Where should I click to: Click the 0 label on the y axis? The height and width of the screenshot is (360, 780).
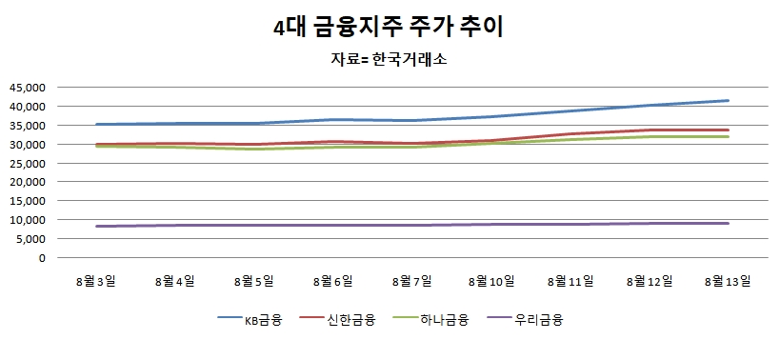[42, 258]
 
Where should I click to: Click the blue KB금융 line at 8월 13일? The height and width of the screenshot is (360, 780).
[727, 101]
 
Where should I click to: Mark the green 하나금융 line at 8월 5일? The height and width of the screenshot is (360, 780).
[254, 149]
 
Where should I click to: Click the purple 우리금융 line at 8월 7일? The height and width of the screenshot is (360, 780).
[411, 226]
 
